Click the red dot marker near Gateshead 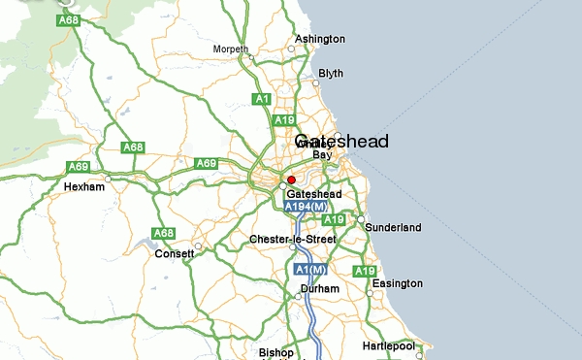click(x=291, y=180)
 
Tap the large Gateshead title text click(x=341, y=142)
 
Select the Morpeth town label click(x=231, y=49)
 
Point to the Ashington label click(x=320, y=39)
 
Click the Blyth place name click(x=331, y=73)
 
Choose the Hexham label click(x=83, y=186)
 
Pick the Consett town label click(x=175, y=254)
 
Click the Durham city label click(x=320, y=288)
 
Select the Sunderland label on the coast click(x=392, y=227)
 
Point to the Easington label click(x=398, y=283)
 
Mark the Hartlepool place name click(x=388, y=345)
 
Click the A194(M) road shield click(x=305, y=208)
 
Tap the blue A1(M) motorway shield click(x=307, y=268)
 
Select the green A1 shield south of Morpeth click(x=261, y=99)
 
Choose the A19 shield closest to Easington click(x=365, y=271)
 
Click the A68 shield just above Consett click(x=163, y=233)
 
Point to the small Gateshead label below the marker click(x=314, y=194)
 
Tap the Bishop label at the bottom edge click(x=275, y=351)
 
